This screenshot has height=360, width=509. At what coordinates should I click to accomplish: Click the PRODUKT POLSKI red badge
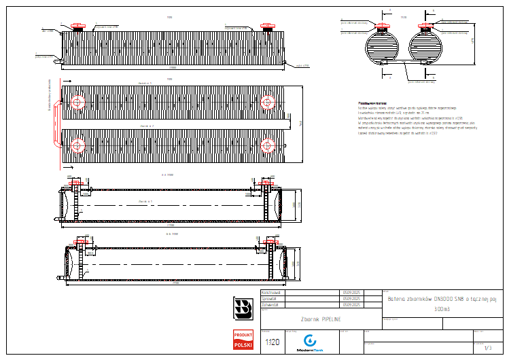point(243,340)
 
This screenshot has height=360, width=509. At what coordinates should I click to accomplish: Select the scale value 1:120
point(272,342)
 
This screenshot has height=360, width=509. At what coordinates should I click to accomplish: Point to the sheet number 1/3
point(487,348)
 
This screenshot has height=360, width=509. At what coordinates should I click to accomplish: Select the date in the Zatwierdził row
point(351,305)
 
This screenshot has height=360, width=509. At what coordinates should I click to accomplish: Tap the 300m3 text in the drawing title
point(442,309)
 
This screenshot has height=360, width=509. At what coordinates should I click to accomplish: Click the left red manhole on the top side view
point(77,28)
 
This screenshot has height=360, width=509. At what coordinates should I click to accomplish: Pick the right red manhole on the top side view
point(266,28)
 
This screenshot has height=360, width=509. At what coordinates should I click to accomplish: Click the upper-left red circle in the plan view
point(77,103)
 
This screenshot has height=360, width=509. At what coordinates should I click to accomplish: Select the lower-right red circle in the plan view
point(268,145)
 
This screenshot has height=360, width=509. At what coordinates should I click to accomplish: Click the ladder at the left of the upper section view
point(77,201)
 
